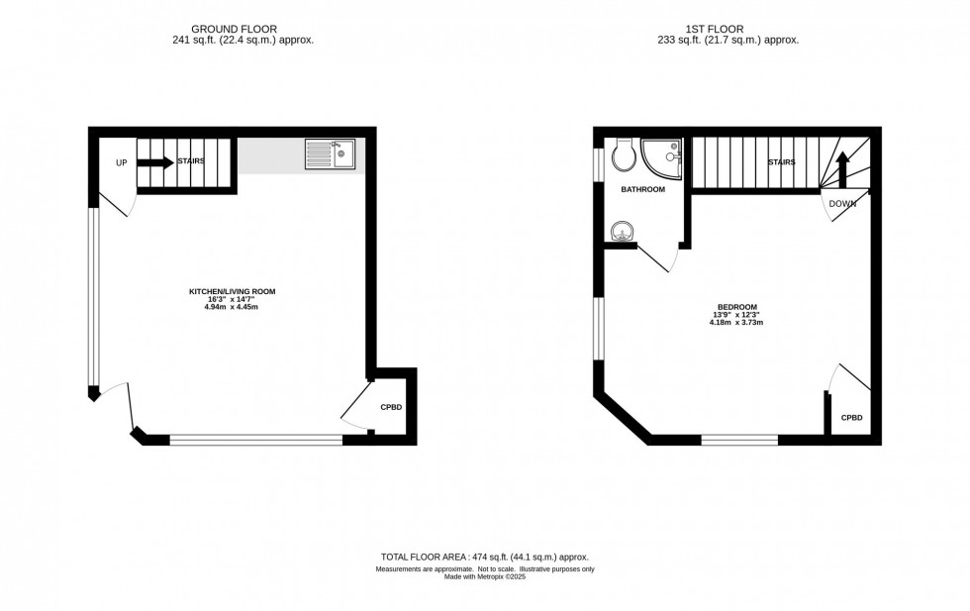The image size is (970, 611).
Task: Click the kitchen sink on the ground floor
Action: pyautogui.click(x=330, y=155)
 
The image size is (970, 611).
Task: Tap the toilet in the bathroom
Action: pyautogui.click(x=624, y=155)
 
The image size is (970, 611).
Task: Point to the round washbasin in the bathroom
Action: pyautogui.click(x=622, y=232)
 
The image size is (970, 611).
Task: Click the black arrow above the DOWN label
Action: pyautogui.click(x=841, y=167)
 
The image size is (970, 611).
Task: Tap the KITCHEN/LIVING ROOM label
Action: pyautogui.click(x=232, y=291)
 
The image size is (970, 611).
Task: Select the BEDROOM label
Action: pyautogui.click(x=737, y=307)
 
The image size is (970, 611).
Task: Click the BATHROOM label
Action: pyautogui.click(x=642, y=189)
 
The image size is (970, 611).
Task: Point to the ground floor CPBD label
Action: pyautogui.click(x=391, y=407)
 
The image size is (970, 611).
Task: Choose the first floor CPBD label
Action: pyautogui.click(x=851, y=418)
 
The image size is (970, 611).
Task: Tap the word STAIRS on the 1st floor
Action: pyautogui.click(x=782, y=161)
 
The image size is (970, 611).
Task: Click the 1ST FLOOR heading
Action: pyautogui.click(x=727, y=30)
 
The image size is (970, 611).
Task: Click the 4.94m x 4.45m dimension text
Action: pyautogui.click(x=232, y=307)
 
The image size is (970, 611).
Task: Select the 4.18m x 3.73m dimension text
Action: pyautogui.click(x=737, y=323)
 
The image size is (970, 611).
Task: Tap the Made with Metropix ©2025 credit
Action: pyautogui.click(x=485, y=576)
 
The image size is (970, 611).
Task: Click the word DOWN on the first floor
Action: pyautogui.click(x=842, y=204)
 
